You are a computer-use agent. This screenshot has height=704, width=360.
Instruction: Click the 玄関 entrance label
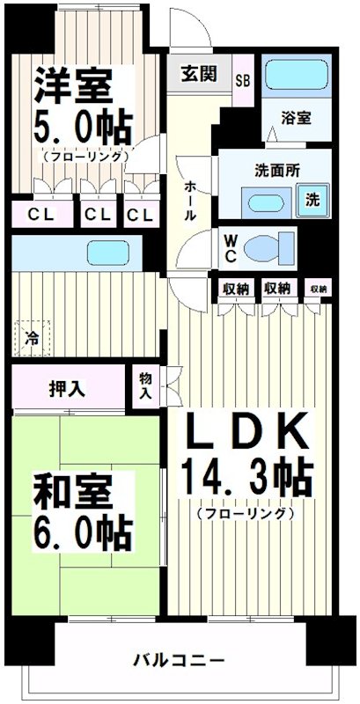(199, 74)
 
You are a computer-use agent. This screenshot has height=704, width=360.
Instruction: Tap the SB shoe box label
(242, 77)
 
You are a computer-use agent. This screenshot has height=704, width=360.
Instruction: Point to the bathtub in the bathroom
(296, 77)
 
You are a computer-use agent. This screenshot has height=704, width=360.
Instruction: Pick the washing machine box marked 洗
(312, 199)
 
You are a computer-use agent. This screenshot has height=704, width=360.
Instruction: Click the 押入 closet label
(67, 388)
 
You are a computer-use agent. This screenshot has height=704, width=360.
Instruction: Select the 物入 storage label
(145, 386)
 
